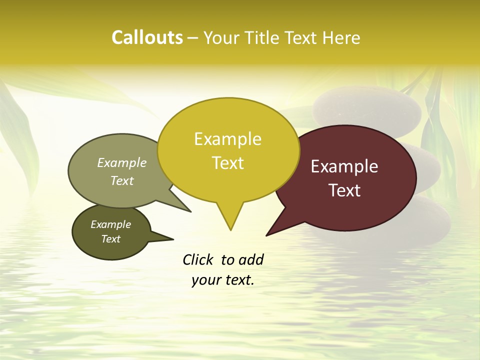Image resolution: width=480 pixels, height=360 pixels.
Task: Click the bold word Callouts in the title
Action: point(147,37)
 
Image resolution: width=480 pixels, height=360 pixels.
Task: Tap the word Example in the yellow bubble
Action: point(227,139)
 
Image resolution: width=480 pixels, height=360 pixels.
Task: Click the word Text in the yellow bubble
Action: point(227,163)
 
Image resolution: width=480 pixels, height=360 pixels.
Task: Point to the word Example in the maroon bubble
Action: point(344,166)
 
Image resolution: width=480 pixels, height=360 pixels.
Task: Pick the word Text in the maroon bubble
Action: point(344,190)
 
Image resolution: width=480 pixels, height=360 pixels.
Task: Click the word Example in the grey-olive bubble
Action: point(122,163)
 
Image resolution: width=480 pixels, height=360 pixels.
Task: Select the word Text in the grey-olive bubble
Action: point(122,180)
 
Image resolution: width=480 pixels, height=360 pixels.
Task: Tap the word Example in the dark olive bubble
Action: point(110,224)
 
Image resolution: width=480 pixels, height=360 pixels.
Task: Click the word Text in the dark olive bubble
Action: point(110,239)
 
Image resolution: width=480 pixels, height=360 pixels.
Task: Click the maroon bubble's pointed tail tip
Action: point(267,235)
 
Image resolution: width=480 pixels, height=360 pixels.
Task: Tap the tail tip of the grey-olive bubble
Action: point(190,211)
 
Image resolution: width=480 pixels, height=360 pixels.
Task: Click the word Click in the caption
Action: point(198,259)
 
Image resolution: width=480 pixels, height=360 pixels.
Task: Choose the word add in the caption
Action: point(251,259)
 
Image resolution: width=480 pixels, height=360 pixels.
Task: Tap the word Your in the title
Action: point(221,37)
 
